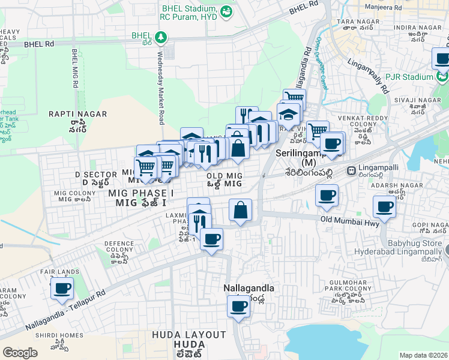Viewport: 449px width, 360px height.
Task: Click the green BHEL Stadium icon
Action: (226, 11)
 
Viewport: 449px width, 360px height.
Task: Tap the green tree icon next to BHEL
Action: (160, 38)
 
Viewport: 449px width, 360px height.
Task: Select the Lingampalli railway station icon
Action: (351, 171)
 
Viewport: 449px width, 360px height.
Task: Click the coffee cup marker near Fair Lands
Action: (62, 289)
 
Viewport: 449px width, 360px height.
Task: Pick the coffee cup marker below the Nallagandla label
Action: (238, 307)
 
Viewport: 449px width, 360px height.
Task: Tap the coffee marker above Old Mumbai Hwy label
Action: (327, 195)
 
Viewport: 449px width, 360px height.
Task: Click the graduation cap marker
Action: (289, 113)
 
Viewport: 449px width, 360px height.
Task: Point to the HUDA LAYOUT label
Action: (188, 334)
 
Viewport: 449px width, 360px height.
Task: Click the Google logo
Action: (20, 352)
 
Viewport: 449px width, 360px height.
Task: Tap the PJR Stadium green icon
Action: (442, 77)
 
